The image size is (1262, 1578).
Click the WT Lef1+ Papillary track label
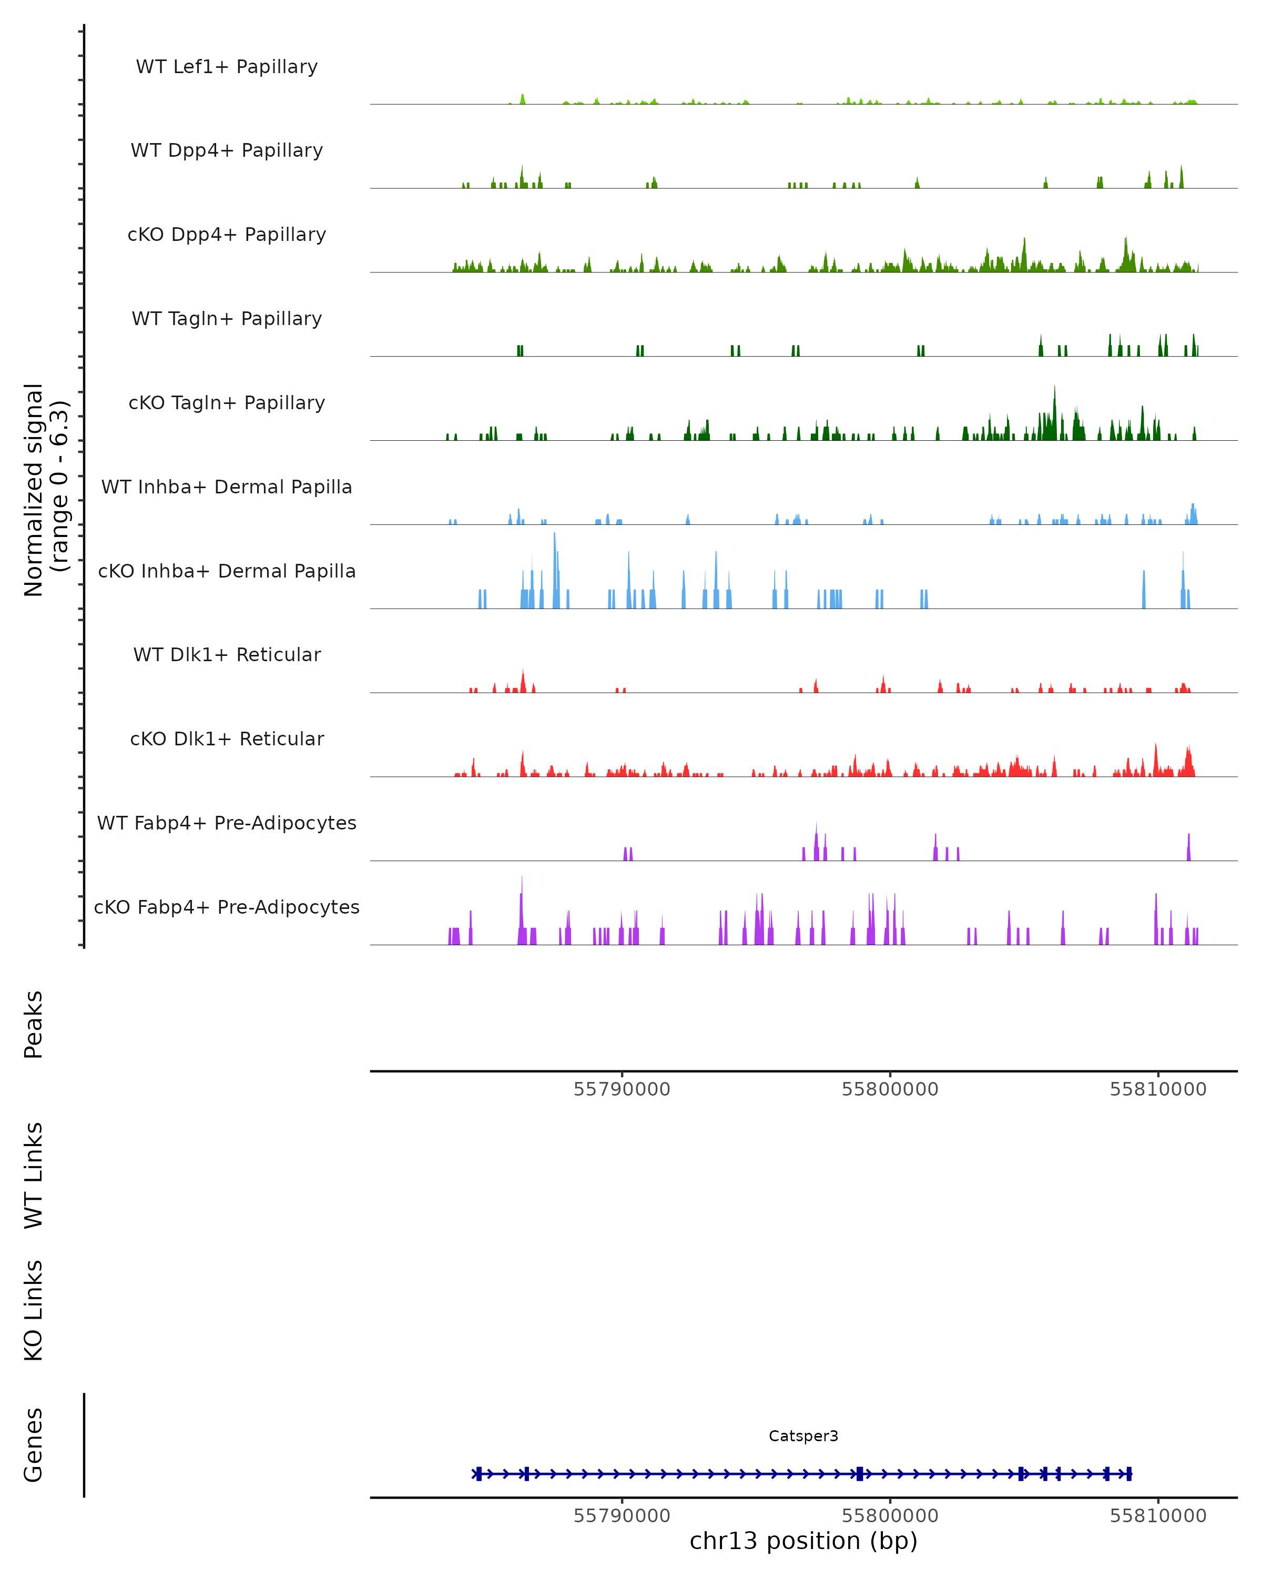[227, 67]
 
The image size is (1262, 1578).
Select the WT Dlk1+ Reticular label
[227, 654]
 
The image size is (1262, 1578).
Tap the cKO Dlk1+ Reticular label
[227, 739]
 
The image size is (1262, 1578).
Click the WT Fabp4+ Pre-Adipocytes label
[227, 823]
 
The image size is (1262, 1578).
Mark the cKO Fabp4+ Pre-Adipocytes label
[227, 907]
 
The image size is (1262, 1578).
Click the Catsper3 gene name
[803, 1436]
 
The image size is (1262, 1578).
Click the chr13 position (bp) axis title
[803, 1541]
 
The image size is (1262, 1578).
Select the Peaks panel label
[34, 1024]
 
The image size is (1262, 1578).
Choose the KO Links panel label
[34, 1310]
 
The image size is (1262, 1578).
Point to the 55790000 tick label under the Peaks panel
[622, 1089]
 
